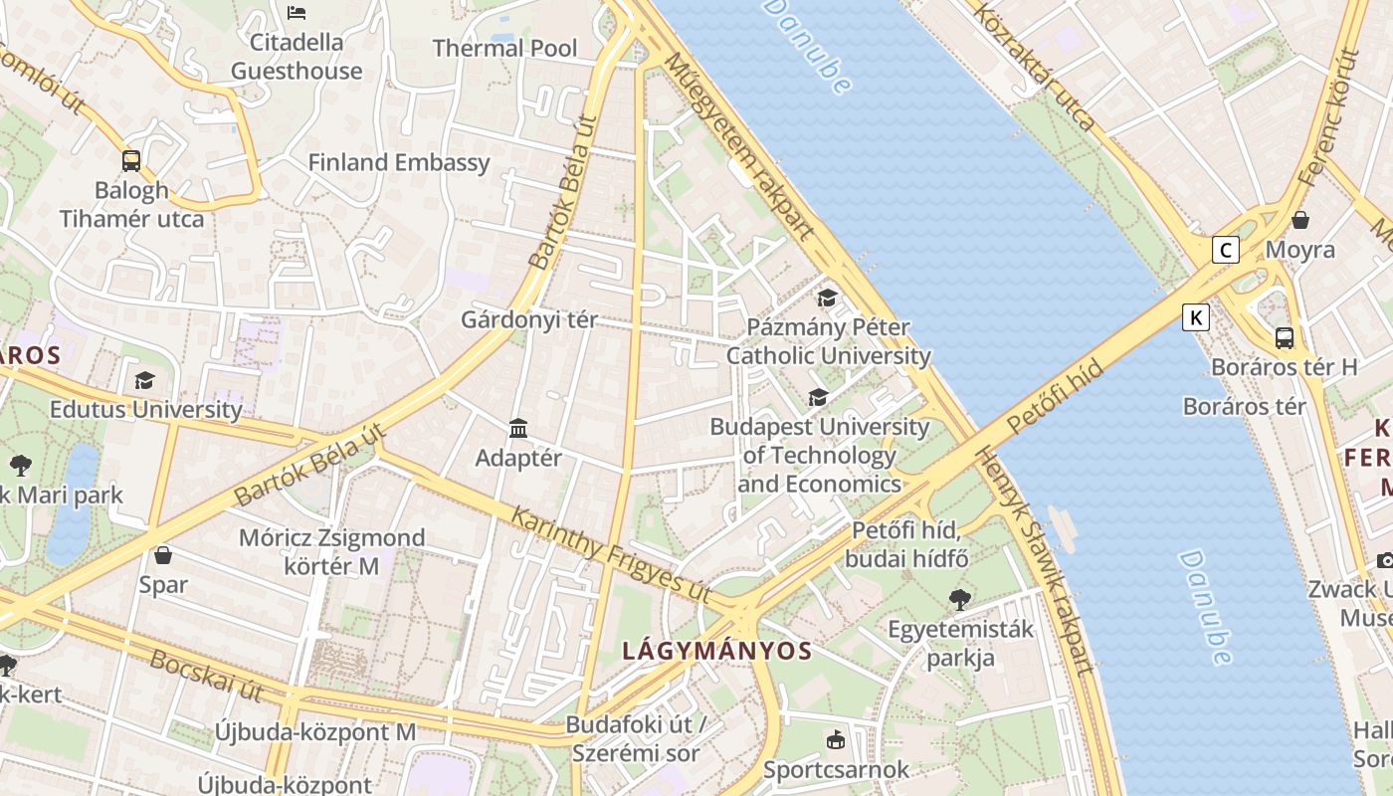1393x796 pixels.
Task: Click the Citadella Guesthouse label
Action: [297, 57]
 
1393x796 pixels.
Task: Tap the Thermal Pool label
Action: [504, 48]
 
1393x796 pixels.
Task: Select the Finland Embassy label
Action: [398, 162]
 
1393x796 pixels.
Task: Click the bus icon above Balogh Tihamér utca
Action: [130, 160]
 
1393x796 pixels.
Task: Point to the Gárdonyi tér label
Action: [528, 319]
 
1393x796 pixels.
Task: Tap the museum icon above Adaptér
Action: [518, 428]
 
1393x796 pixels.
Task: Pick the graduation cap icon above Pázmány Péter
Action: [827, 298]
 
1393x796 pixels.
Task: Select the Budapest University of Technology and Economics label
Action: [819, 456]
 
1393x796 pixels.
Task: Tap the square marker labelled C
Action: [1225, 250]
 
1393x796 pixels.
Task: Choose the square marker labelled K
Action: [1195, 317]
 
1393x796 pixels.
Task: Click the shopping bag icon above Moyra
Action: [1299, 220]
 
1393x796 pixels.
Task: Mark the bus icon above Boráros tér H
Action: [1285, 337]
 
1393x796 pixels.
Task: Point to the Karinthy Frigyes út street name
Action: [610, 553]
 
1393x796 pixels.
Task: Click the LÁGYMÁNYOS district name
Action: [716, 651]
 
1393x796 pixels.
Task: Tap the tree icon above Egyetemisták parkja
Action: [960, 599]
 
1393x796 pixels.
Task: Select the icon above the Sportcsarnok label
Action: [836, 740]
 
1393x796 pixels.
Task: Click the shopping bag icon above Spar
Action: [163, 554]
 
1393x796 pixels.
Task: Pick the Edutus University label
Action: [145, 409]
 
